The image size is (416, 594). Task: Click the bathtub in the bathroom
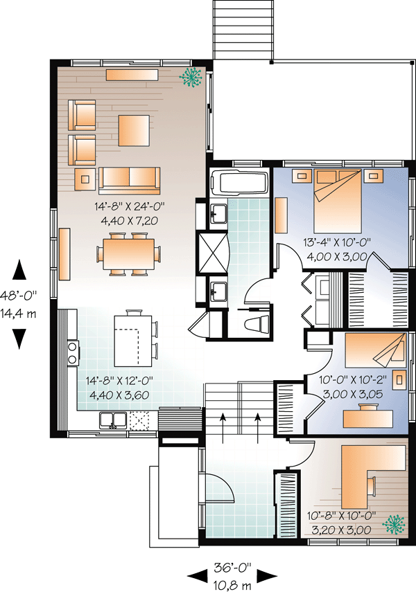(239, 183)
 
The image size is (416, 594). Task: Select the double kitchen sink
(112, 420)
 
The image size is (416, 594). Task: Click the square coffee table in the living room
(134, 130)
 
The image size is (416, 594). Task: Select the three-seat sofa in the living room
(129, 180)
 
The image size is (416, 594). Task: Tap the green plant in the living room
(191, 78)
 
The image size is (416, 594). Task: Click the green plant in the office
(394, 524)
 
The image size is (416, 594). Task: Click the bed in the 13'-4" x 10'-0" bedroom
(338, 201)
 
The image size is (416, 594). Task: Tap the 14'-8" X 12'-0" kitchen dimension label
(119, 381)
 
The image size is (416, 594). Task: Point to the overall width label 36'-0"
(232, 567)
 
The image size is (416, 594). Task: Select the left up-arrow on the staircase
(223, 428)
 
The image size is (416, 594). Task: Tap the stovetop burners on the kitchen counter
(72, 352)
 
